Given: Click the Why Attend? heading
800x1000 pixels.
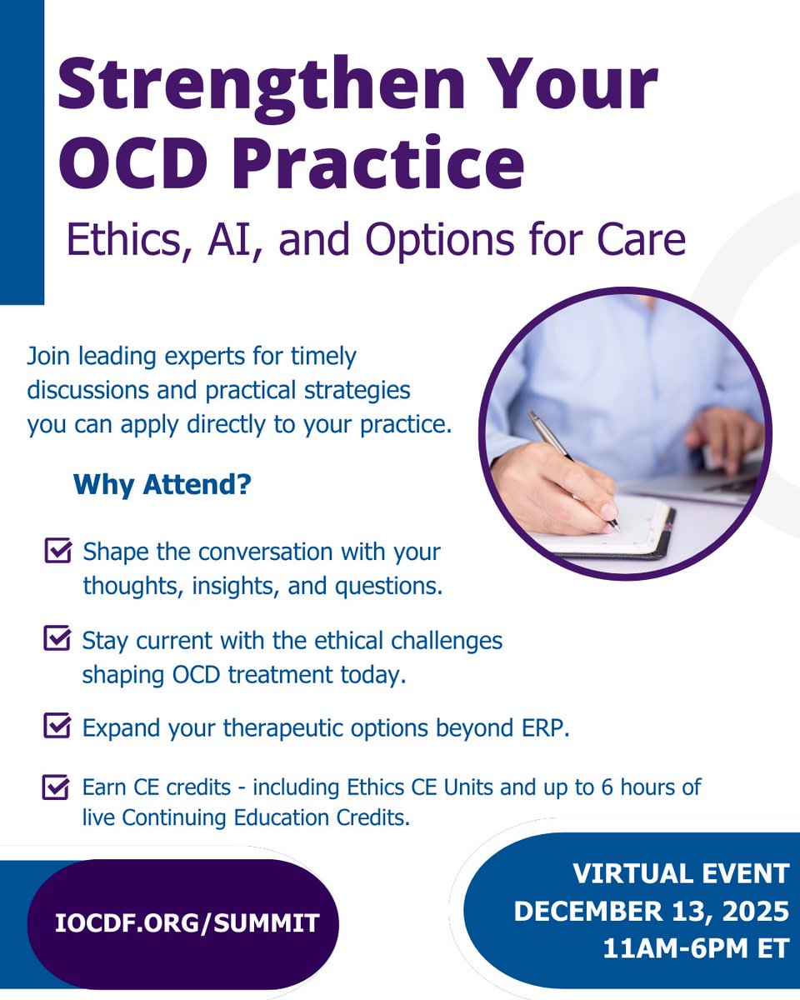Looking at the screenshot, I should point(162,485).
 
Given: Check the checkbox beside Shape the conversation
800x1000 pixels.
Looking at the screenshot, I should point(57,552).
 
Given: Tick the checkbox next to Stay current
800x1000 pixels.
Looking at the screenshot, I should point(57,639).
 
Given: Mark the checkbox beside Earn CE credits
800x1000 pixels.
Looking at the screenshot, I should point(57,787).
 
